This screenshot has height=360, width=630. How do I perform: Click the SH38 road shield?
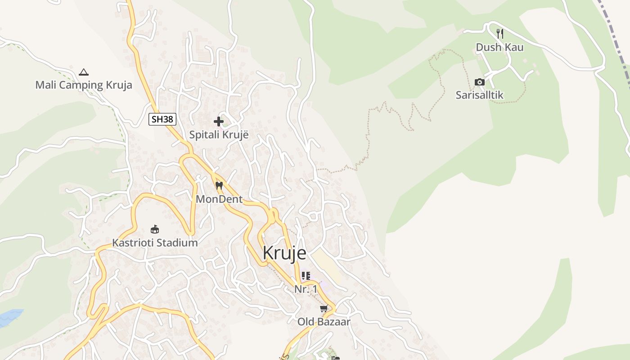(x=162, y=119)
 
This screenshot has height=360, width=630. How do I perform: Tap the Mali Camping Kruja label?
(x=84, y=85)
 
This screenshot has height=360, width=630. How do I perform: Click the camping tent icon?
(x=84, y=72)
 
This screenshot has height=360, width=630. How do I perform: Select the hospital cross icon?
(x=219, y=121)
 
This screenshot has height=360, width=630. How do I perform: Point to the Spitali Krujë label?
(x=219, y=135)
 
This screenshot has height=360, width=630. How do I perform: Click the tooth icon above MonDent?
(x=219, y=185)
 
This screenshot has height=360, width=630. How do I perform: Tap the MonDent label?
(x=219, y=199)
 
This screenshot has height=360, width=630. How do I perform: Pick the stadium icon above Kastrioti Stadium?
(x=155, y=229)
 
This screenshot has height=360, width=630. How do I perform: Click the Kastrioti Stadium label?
(x=155, y=243)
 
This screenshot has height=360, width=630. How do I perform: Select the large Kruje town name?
(x=284, y=253)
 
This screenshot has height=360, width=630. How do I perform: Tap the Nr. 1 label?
(x=306, y=289)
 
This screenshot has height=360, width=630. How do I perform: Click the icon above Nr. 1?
(x=306, y=275)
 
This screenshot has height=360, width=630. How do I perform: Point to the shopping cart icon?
(x=324, y=309)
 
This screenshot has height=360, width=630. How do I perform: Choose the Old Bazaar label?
(x=324, y=322)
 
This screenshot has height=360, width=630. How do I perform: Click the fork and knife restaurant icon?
(x=499, y=33)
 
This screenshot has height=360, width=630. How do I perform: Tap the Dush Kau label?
(x=499, y=47)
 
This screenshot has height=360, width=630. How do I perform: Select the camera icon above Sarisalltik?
(x=480, y=82)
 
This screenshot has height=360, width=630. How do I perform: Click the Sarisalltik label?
(x=480, y=95)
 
